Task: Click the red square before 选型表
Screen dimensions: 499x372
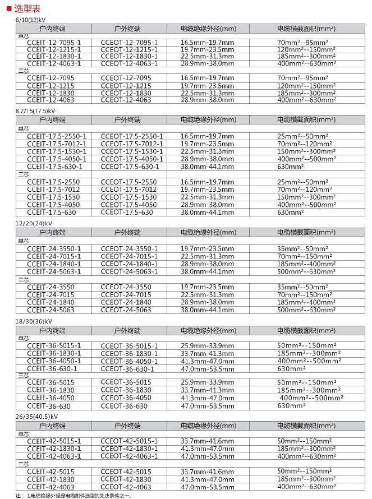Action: coord(8,8)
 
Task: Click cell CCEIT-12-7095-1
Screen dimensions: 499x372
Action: coord(54,43)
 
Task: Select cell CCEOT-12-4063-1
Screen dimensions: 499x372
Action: coord(129,64)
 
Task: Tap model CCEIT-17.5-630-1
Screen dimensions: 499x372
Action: coord(55,167)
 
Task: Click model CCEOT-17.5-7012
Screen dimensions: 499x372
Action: coord(129,190)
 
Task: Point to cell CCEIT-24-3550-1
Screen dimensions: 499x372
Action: coord(54,248)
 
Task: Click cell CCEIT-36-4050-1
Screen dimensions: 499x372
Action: coord(54,361)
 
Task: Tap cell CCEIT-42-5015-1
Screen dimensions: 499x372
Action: coord(54,441)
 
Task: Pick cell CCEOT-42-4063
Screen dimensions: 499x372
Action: coord(126,487)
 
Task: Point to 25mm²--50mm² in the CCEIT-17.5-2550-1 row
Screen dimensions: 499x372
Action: coord(302,136)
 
